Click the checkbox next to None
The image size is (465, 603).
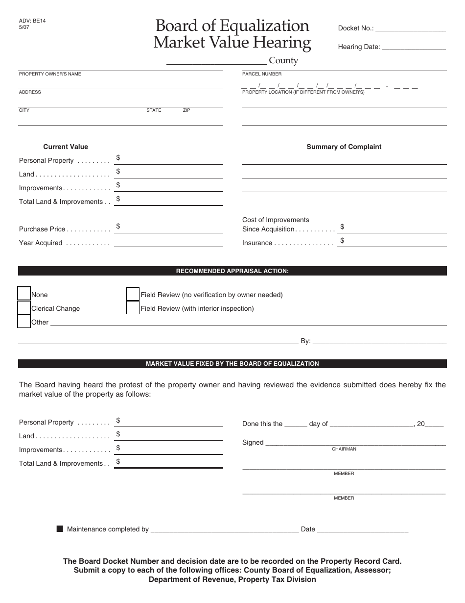click(x=24, y=294)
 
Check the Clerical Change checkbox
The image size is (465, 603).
click(x=24, y=307)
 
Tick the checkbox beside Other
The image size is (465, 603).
click(x=24, y=321)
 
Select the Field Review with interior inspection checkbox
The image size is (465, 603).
click(x=133, y=307)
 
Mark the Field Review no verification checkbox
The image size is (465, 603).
click(x=133, y=294)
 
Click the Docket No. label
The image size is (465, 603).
click(x=356, y=28)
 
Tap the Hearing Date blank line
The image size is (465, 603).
click(x=414, y=47)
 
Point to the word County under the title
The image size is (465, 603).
click(x=283, y=61)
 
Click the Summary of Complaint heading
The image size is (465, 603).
click(x=344, y=147)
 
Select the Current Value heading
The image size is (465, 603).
click(x=66, y=147)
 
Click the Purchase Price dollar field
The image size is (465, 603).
click(x=169, y=227)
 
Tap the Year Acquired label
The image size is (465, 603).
click(x=41, y=243)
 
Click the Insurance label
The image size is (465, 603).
click(x=257, y=243)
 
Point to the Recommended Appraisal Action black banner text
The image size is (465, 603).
click(x=232, y=271)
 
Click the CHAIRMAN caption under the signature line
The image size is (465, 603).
click(x=344, y=449)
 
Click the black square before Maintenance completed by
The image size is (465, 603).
click(x=60, y=529)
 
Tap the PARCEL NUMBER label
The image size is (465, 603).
click(x=262, y=74)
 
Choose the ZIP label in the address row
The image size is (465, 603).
click(x=186, y=110)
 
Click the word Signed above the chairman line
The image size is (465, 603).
click(x=253, y=442)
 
